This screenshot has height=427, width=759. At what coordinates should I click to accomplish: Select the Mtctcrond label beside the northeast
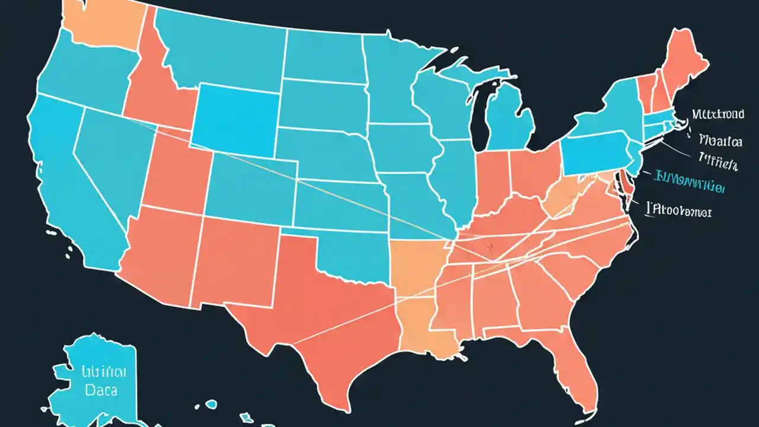point(718,114)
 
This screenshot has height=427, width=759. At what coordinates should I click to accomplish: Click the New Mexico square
point(237,261)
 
